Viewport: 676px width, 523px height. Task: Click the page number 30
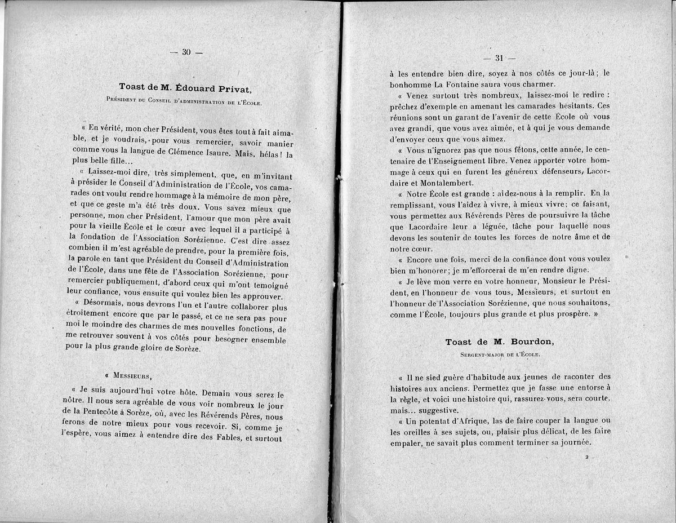point(186,52)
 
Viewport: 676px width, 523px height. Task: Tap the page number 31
point(499,58)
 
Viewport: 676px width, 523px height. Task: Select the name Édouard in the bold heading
point(189,86)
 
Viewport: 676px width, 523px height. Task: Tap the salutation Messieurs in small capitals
point(132,375)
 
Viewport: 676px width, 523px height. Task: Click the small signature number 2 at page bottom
point(586,457)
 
